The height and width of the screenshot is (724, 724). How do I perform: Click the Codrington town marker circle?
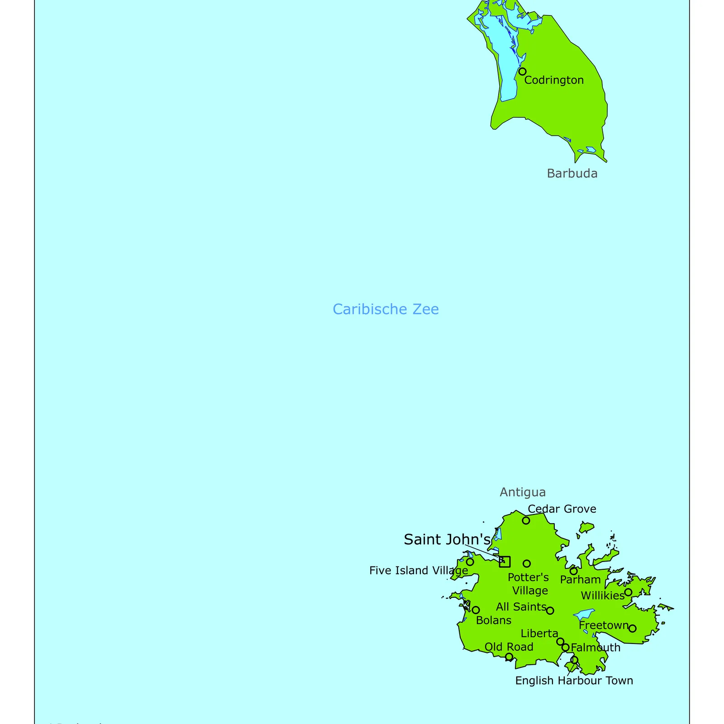(x=522, y=71)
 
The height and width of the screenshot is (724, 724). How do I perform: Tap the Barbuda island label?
(x=572, y=173)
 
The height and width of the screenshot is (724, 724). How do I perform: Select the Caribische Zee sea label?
(x=386, y=309)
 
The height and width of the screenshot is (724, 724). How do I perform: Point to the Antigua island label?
(x=523, y=492)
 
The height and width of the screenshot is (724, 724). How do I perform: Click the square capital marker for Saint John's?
(x=505, y=562)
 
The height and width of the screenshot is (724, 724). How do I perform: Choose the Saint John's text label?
(x=447, y=539)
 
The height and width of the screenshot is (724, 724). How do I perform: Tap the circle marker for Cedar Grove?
(x=526, y=520)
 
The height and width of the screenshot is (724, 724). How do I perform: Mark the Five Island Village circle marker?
(x=470, y=562)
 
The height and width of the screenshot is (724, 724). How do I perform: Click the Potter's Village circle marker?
(x=527, y=563)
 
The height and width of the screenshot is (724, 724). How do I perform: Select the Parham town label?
(x=580, y=580)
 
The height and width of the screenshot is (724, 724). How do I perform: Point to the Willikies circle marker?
(x=628, y=592)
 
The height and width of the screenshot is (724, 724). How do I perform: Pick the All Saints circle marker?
(x=550, y=610)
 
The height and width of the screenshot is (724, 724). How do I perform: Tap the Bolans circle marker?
(x=476, y=610)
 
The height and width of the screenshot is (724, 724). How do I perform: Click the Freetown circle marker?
(x=633, y=628)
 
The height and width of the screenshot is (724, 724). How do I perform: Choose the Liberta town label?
(x=539, y=633)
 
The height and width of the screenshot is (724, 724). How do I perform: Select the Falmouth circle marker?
(x=565, y=648)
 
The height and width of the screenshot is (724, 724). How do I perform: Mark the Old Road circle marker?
(x=509, y=657)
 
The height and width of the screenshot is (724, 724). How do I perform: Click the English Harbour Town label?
(x=574, y=681)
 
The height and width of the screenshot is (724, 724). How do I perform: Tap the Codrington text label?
(x=554, y=80)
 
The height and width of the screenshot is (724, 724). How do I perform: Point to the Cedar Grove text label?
(x=562, y=509)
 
